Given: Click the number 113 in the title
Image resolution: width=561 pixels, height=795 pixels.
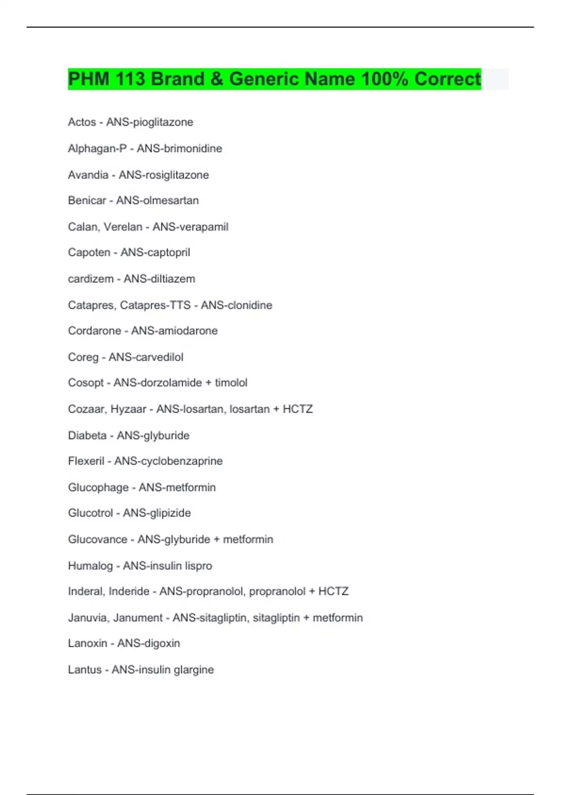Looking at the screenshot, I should click(x=130, y=79).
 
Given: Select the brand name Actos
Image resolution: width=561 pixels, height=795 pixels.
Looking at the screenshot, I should click(x=82, y=122).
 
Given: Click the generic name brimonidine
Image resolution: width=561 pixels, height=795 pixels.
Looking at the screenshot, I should click(x=193, y=149).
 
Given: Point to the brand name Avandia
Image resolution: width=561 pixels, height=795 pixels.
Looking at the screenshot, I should click(x=88, y=175).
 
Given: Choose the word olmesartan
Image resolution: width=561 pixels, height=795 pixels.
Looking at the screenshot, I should click(x=171, y=201).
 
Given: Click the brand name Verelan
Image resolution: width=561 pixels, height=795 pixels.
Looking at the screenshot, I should click(x=123, y=227).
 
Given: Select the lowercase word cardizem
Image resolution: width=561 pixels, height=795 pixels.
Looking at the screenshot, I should click(x=91, y=279).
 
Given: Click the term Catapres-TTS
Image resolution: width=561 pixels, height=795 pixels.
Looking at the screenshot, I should click(x=155, y=305).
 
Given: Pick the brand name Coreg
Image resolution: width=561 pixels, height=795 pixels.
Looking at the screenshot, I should click(x=83, y=357).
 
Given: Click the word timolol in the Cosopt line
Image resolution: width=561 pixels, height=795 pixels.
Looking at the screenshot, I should click(x=231, y=383).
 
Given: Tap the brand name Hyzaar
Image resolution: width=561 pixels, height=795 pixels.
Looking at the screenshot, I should click(x=129, y=409).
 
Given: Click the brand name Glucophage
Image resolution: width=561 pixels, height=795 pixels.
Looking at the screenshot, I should click(x=98, y=487).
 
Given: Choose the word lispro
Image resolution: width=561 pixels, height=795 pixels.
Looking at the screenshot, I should click(x=198, y=566).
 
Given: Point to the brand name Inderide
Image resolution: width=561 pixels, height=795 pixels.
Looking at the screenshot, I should click(x=129, y=592).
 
